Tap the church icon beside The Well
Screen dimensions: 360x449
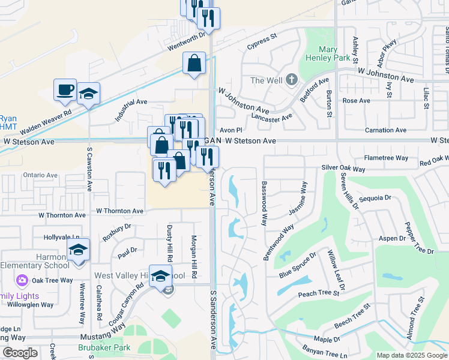coord(291,80)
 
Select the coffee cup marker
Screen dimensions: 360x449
coord(65,90)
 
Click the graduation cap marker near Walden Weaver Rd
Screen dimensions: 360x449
coord(88,94)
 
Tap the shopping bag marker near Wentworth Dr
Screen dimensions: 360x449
coord(194,63)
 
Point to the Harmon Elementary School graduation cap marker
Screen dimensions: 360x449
coord(78,250)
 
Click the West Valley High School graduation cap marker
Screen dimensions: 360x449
coord(160,276)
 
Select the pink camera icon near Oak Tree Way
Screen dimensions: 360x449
coord(22,280)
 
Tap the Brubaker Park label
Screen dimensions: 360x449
coord(104,347)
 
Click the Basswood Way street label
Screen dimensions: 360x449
coord(263,203)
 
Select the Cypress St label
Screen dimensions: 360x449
coord(262,41)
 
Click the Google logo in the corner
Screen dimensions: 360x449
coord(20,353)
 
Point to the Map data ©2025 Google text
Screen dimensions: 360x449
coord(412,355)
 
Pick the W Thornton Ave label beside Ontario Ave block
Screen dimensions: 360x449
coord(121,211)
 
